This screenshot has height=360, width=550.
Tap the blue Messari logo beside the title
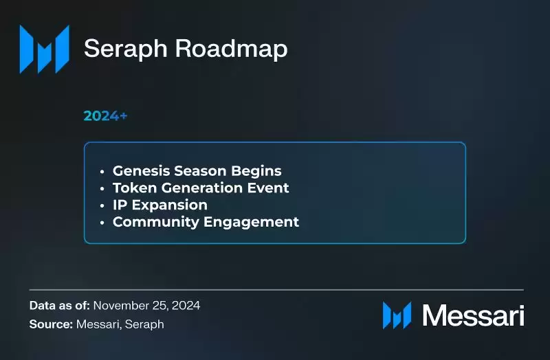[44, 49]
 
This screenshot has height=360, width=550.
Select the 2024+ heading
[105, 116]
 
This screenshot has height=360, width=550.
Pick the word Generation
[197, 188]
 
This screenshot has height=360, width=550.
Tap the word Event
[265, 188]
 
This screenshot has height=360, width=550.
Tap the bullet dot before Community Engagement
[102, 223]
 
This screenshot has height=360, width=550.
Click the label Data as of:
[59, 305]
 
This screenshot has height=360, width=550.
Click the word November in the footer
[119, 305]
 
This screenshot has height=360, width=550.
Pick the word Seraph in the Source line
[145, 324]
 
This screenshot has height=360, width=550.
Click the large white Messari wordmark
[473, 315]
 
